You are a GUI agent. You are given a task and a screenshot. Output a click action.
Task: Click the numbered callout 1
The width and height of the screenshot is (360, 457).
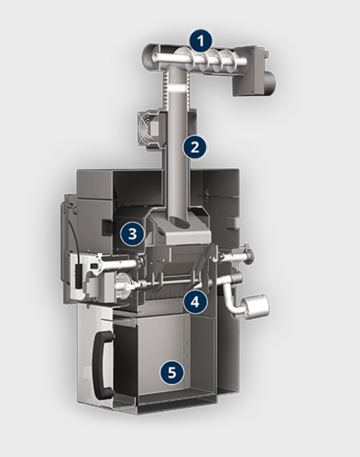pyautogui.click(x=200, y=42)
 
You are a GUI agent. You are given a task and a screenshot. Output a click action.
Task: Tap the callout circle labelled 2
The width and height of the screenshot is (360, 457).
pyautogui.click(x=195, y=147)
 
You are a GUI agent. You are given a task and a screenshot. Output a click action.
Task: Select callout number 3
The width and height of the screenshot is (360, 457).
pyautogui.click(x=133, y=234)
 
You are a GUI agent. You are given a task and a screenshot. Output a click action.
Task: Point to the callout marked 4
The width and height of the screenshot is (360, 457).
pyautogui.click(x=195, y=302)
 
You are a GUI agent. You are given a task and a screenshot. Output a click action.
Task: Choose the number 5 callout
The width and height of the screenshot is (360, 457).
pyautogui.click(x=172, y=372)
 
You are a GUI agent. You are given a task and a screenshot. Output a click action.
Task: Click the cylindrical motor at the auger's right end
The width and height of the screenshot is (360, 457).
pyautogui.click(x=273, y=83)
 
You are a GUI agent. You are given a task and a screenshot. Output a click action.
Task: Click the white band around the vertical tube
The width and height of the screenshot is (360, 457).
pyautogui.click(x=178, y=87)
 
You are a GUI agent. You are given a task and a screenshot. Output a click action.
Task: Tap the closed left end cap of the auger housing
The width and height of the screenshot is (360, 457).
pyautogui.click(x=147, y=56)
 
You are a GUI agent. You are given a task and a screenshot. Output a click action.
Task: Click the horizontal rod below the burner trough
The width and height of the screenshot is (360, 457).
pyautogui.click(x=172, y=282)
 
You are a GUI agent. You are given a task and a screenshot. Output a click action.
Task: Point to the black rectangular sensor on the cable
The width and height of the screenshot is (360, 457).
pyautogui.click(x=78, y=276)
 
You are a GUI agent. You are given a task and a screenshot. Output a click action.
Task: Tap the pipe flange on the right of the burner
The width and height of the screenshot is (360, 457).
pyautogui.click(x=249, y=253)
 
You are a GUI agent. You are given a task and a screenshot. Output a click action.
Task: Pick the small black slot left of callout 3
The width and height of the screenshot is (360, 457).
pyautogui.click(x=106, y=227)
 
